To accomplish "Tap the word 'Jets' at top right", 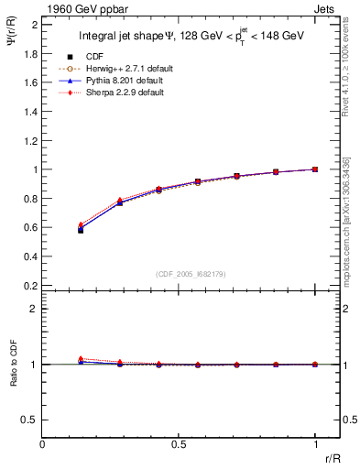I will tap(325, 7).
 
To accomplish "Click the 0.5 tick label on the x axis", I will tap(179, 443).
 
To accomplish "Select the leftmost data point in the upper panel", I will tap(81, 229).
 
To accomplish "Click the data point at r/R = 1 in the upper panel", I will tap(315, 169).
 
